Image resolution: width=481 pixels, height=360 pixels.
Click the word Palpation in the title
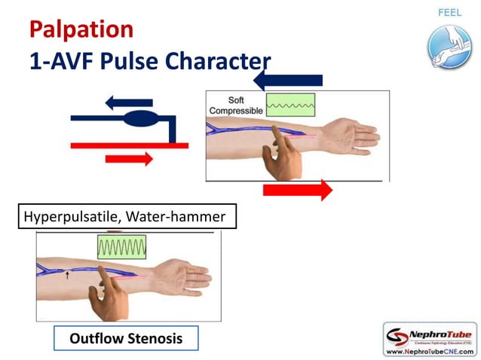[81, 29]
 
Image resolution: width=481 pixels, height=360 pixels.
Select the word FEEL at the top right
[449, 13]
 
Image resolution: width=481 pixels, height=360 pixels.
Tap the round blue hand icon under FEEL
[449, 46]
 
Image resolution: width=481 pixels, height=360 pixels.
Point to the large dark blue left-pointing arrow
[288, 80]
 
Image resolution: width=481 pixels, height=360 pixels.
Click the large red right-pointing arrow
[297, 190]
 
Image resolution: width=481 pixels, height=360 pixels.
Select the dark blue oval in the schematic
[139, 118]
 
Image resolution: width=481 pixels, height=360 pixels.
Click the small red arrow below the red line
[129, 158]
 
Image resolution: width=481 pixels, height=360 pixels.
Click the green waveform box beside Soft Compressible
[291, 105]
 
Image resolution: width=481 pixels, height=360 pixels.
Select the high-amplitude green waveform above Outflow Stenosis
[121, 246]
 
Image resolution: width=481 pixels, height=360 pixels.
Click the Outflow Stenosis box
[126, 338]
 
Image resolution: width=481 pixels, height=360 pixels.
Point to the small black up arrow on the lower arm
[67, 276]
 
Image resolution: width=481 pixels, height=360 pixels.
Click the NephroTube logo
[430, 334]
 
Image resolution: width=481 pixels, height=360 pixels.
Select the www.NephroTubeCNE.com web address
[430, 351]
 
